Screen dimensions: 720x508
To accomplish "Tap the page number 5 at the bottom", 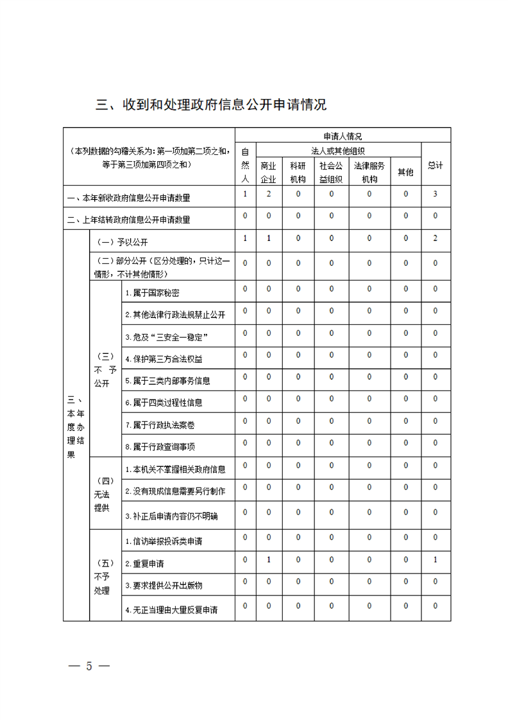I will coord(89,665).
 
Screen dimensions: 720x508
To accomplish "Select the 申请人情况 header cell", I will coord(343,136).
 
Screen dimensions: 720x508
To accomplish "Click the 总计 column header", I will coord(436,165).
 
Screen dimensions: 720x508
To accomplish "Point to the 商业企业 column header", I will coord(268,172).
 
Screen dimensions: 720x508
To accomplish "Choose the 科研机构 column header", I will coord(298,172).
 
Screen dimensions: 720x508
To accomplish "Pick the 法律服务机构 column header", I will coord(369,172).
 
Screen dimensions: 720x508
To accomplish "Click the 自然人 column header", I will coord(245,165).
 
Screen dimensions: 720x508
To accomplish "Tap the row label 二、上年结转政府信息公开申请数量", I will coord(129,219).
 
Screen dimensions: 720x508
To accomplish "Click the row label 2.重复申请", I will coord(144,564).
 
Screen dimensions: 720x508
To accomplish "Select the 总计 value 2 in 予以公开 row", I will coord(436,239).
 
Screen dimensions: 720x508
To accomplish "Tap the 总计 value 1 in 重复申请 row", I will coord(436,560).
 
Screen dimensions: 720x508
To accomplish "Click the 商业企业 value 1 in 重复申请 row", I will coord(268,560).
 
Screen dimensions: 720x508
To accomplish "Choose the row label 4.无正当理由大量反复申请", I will coord(171,610).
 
